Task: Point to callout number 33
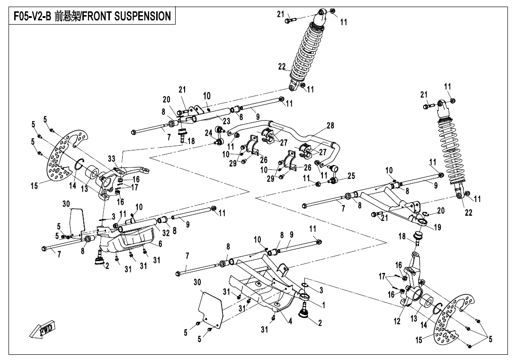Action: tap(112, 158)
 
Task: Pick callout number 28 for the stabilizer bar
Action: tap(330, 126)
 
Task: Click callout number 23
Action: tap(226, 121)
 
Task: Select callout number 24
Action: tap(209, 133)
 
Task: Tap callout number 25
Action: tap(351, 176)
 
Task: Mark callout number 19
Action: tap(437, 228)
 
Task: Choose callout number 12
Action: tap(397, 322)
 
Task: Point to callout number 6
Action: tap(160, 244)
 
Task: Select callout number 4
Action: tap(290, 322)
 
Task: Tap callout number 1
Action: tap(323, 305)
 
